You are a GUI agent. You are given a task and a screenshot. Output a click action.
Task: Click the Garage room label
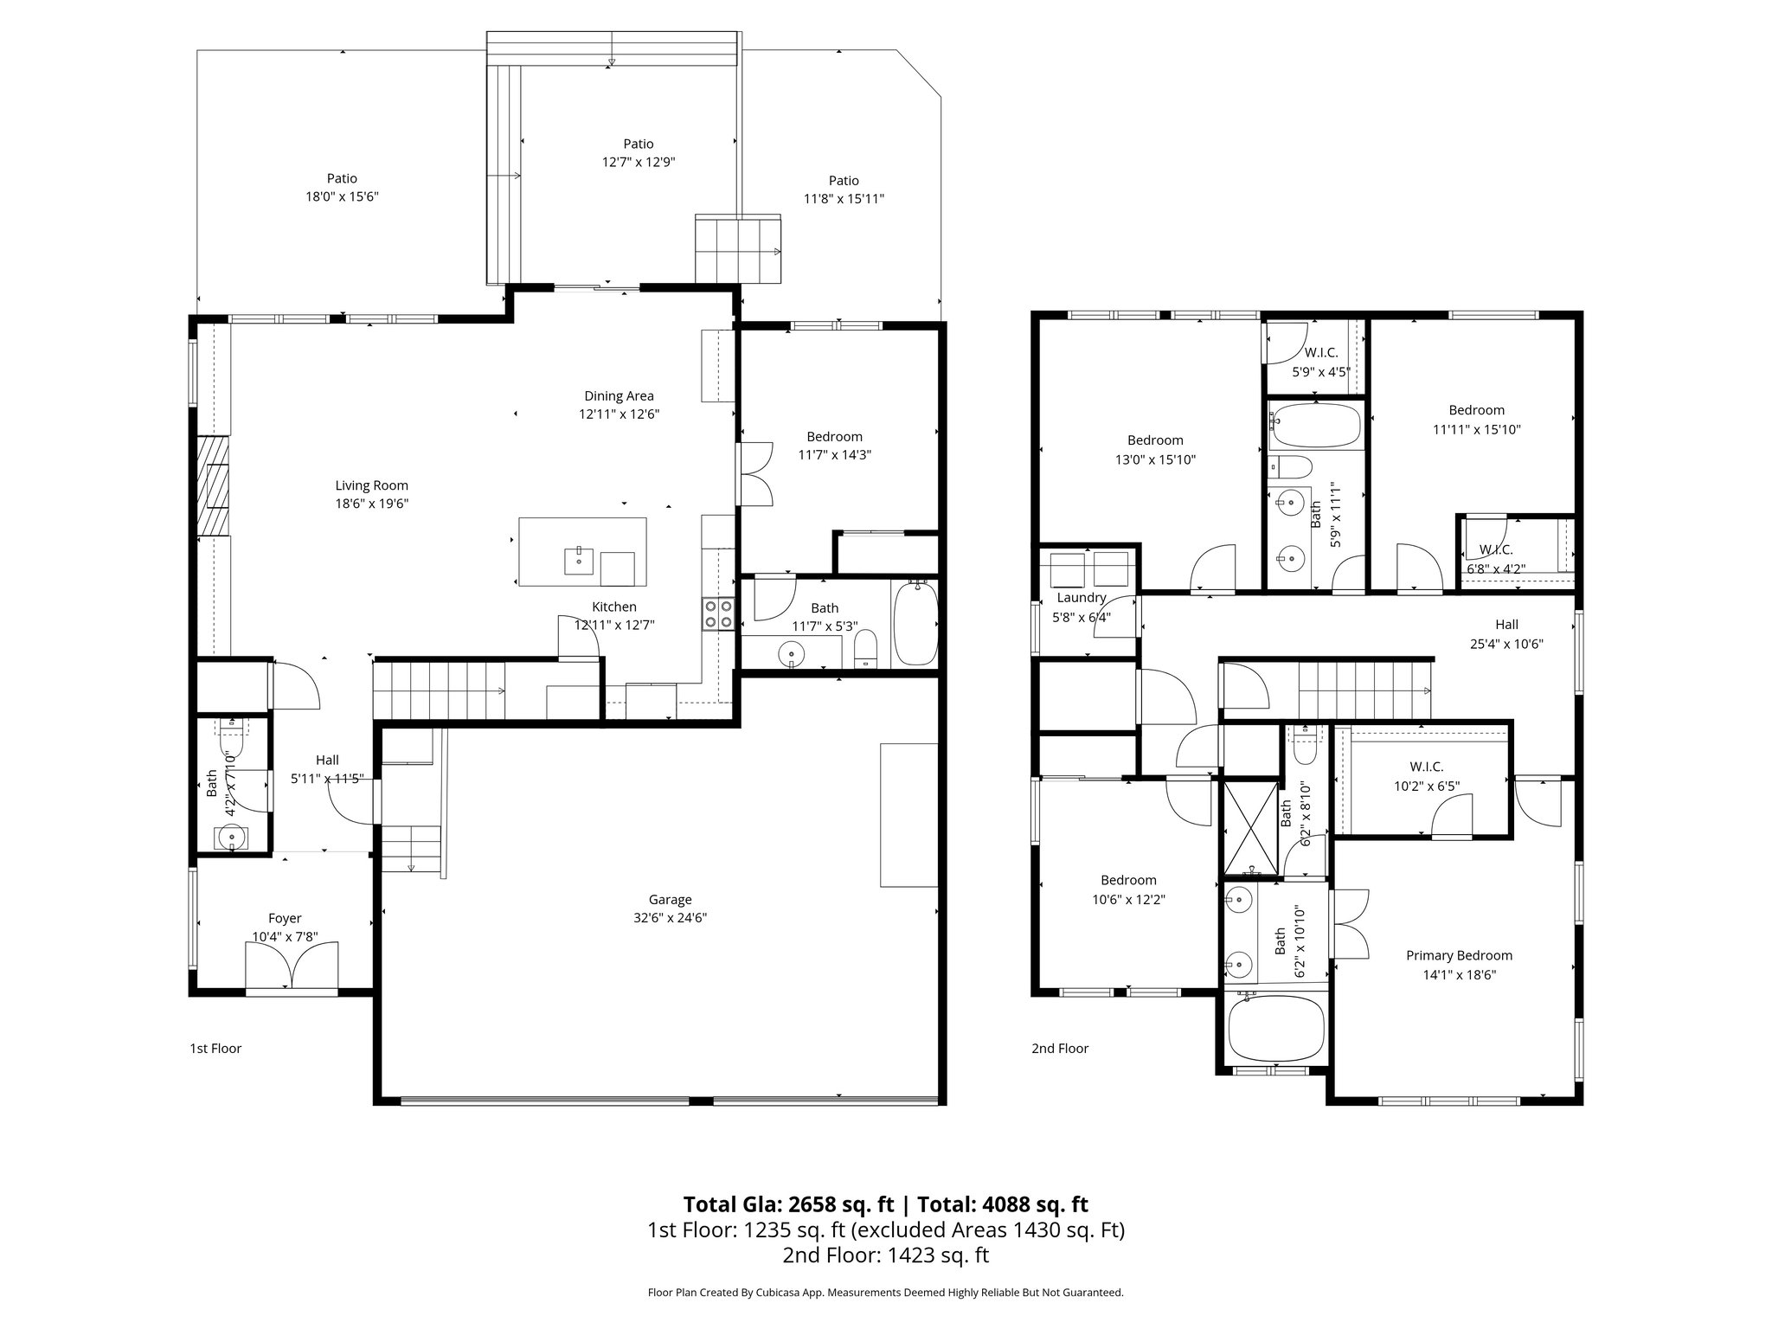point(670,900)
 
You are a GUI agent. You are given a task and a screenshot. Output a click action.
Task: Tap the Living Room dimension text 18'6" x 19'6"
point(371,504)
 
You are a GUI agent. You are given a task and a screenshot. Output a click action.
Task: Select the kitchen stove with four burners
point(718,613)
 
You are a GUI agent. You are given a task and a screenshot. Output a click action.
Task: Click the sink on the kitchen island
point(578,560)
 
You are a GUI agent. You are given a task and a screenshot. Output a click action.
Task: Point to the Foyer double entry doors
point(292,966)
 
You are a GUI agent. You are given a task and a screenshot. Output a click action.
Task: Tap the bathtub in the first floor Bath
point(914,623)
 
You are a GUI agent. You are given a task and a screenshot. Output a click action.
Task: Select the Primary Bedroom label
point(1459,955)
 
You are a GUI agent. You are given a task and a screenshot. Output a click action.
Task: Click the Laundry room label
point(1081,598)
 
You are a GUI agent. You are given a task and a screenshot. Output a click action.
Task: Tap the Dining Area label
point(619,396)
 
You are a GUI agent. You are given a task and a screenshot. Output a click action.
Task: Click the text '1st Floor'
point(215,1049)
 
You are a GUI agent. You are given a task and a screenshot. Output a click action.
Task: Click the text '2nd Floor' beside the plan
point(1059,1049)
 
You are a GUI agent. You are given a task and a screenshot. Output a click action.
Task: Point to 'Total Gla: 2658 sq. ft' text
point(787,1204)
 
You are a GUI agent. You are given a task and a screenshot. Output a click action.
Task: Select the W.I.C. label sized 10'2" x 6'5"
point(1426,767)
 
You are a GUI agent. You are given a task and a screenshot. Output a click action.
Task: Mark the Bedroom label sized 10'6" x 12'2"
point(1128,880)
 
